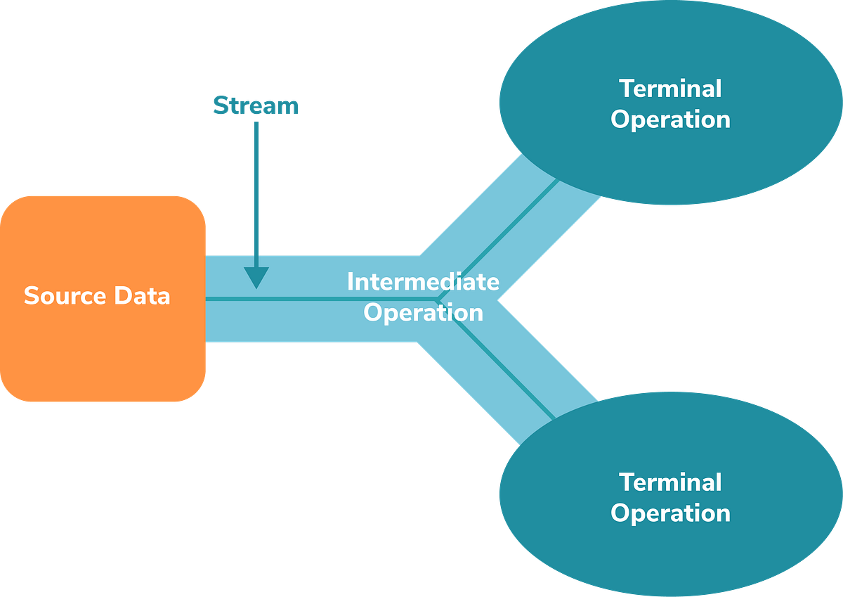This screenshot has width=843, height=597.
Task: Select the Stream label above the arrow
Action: tap(256, 105)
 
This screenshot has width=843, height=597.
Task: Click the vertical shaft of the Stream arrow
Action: tap(256, 190)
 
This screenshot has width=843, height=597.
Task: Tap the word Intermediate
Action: tap(423, 282)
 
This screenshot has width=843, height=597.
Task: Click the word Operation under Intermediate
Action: tap(423, 312)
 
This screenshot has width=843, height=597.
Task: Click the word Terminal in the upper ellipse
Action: tap(669, 89)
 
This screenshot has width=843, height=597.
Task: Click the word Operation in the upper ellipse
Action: tap(669, 119)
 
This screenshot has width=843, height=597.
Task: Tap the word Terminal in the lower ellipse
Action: tap(669, 482)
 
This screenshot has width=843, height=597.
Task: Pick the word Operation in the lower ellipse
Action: tap(669, 513)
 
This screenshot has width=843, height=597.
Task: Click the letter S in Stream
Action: tap(220, 105)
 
